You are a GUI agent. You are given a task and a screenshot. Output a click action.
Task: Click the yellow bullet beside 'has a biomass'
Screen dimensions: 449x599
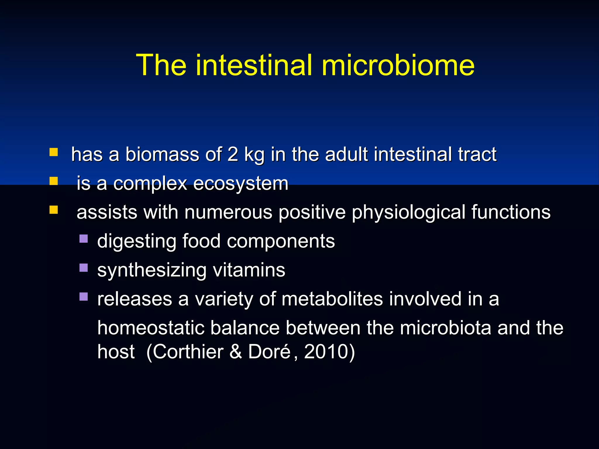coord(54,152)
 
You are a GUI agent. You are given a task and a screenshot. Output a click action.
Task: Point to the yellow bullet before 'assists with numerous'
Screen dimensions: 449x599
coord(54,210)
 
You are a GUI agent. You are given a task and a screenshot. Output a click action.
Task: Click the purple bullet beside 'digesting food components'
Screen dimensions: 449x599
coord(84,239)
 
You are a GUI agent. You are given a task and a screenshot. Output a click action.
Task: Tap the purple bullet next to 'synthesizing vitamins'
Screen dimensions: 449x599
coord(84,268)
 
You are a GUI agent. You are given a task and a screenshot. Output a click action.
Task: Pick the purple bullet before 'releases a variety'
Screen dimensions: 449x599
coord(84,297)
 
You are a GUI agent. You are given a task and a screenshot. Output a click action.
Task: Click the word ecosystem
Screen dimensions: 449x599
coord(241,184)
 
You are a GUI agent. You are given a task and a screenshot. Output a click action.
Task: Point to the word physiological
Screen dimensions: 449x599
coord(408,213)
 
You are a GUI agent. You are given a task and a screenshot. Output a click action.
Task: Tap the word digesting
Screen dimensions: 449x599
coord(137,242)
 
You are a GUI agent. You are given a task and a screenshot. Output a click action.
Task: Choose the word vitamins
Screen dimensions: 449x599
coord(249,270)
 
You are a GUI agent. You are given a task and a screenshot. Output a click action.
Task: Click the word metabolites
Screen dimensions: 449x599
coord(332,299)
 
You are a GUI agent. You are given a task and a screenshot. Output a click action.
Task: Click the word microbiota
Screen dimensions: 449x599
coord(445,328)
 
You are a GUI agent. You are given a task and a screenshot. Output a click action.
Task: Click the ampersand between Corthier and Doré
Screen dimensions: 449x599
coord(236,352)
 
